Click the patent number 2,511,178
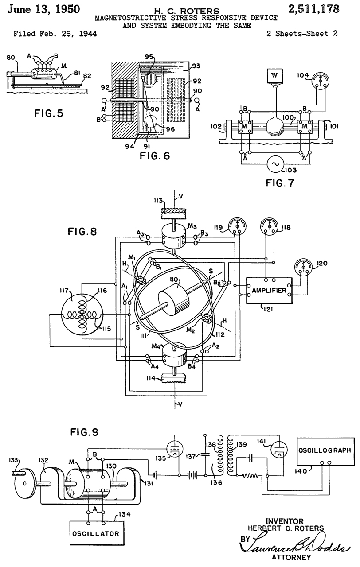313,9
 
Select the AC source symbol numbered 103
275,164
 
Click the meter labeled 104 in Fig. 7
320,80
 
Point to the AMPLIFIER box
269,290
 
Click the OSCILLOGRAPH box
325,451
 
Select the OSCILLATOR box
96,534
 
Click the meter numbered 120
304,268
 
